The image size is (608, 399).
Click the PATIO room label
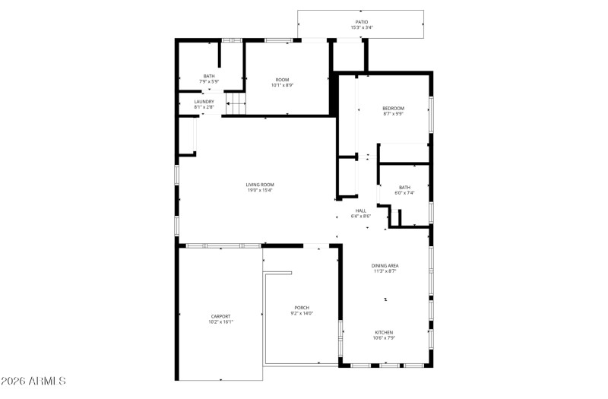click(361, 22)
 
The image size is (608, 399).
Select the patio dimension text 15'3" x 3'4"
click(361, 28)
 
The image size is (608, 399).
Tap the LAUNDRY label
click(204, 101)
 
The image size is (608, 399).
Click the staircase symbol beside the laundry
click(236, 103)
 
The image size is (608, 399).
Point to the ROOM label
click(282, 79)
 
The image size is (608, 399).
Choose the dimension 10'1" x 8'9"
click(282, 85)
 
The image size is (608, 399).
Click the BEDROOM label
click(393, 108)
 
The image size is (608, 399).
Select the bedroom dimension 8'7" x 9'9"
click(393, 114)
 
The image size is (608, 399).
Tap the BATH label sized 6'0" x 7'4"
click(404, 187)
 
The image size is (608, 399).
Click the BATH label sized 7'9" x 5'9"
click(208, 75)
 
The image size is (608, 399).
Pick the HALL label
click(360, 211)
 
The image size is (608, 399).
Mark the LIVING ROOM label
click(259, 185)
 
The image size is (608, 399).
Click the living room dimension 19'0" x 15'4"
click(259, 191)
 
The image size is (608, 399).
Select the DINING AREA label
click(385, 265)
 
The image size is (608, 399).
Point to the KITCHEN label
click(384, 332)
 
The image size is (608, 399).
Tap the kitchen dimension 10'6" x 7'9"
click(384, 338)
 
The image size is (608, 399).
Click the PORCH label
click(302, 307)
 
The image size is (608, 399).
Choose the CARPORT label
click(220, 316)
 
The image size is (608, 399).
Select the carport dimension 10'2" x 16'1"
click(220, 322)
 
